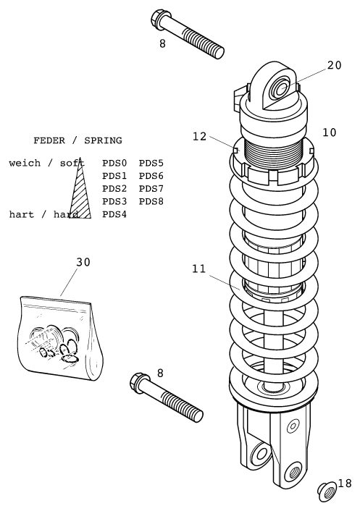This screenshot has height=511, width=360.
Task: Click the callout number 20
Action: click(334, 65)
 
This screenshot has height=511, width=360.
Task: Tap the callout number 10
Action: click(329, 132)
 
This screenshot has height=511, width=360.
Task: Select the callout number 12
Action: click(200, 137)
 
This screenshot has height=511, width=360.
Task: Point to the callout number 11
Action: click(199, 269)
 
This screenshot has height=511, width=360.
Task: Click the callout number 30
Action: click(83, 262)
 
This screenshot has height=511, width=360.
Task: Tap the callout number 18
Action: click(345, 483)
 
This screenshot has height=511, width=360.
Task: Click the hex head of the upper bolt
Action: click(160, 19)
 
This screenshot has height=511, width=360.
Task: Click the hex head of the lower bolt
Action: click(139, 382)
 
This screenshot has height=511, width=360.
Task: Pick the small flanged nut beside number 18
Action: click(327, 491)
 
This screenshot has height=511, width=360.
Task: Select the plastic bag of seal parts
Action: click(59, 337)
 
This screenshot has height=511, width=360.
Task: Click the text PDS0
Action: click(114, 163)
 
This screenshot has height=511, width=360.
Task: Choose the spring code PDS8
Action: click(151, 201)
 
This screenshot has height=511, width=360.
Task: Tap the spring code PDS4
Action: click(114, 214)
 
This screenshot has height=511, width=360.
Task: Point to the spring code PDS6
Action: click(151, 176)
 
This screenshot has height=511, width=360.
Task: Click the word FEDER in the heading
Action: click(49, 140)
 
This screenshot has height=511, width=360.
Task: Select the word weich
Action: click(25, 163)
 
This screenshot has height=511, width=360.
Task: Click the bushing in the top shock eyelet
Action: click(280, 88)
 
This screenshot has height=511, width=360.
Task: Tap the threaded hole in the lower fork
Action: click(294, 472)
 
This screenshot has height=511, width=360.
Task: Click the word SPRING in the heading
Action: click(103, 140)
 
